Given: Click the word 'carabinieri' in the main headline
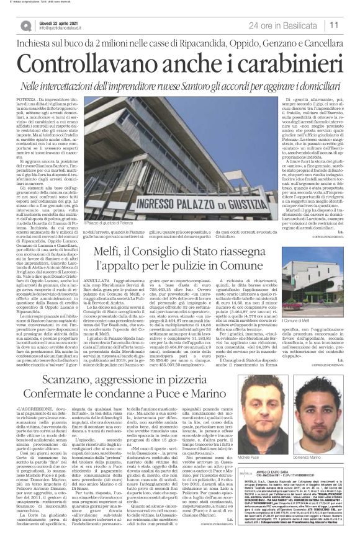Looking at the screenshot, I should [x=268, y=61].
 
